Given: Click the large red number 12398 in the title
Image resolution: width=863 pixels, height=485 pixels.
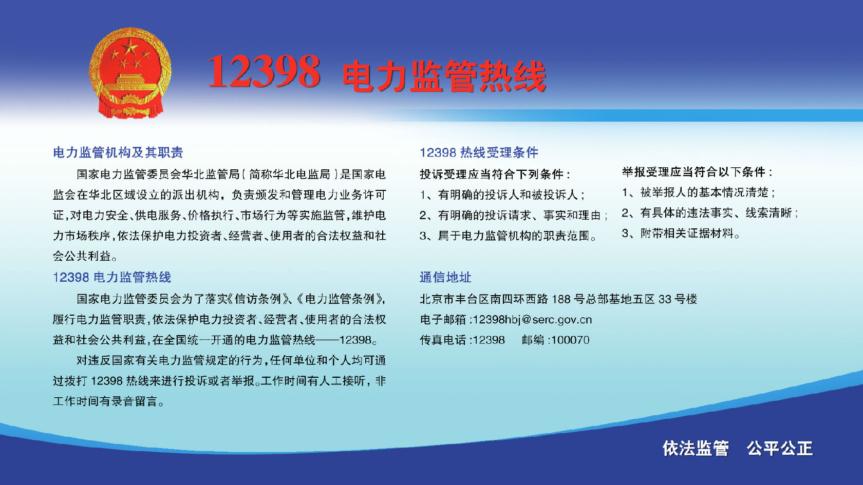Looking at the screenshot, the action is pos(264,71).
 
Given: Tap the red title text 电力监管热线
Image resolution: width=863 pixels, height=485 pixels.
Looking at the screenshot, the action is pos(444,76).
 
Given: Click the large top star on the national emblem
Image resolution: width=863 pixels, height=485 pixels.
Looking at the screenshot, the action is pos(130,48).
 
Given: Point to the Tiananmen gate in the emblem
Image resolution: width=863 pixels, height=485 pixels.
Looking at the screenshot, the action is pos(130,83).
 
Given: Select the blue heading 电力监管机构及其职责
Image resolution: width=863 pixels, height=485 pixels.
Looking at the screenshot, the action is pos(118,152).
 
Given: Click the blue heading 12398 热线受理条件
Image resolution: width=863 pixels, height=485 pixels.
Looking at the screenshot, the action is pos(479,152).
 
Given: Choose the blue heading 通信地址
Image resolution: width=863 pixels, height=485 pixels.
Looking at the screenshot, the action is pos(445,277).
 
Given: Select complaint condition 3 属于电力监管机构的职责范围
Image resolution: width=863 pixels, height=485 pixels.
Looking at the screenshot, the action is pos(508,236).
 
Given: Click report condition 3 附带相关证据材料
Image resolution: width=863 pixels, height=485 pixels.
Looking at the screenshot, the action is pos(681,233).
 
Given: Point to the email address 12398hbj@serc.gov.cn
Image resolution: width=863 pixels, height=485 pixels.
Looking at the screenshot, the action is pos(532,320).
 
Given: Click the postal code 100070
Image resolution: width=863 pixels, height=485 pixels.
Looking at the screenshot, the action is pos(570,340).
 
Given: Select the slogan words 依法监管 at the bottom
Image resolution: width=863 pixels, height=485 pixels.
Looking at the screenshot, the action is pos(696,449).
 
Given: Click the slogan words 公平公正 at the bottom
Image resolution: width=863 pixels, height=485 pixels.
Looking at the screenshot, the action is pos(780,449).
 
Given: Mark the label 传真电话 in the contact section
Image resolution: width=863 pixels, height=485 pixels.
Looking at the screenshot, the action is pos(443,340).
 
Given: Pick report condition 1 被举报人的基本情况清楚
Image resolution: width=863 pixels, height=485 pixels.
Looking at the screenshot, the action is pos(699,192).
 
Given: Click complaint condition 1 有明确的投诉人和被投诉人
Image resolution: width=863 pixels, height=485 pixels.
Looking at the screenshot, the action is pos(502,195).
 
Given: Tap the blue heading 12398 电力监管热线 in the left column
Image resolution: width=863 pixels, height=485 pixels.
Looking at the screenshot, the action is pos(112,277).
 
